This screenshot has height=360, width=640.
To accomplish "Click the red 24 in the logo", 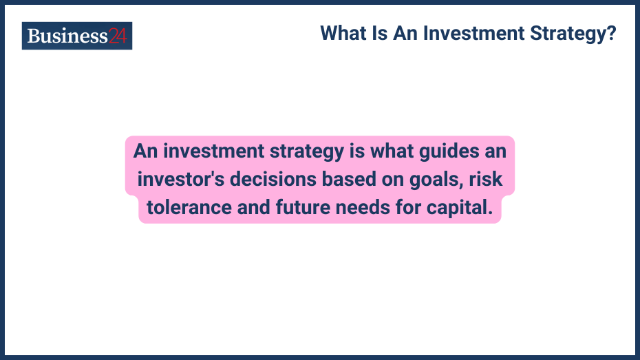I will pos(118,36).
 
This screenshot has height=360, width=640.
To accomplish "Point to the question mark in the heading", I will pos(611,33).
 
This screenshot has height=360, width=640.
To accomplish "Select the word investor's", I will pos(180,180).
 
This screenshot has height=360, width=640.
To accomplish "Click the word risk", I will pos(488,180).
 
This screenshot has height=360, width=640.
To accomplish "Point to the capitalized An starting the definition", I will pos(145,150).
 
